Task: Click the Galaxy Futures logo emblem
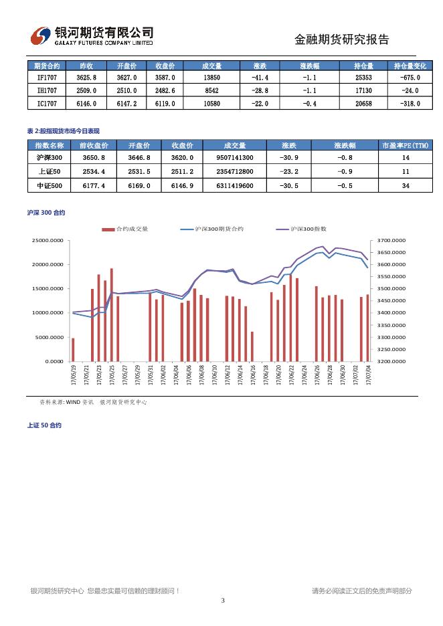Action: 41,36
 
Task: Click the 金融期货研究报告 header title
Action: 341,39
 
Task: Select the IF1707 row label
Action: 47,78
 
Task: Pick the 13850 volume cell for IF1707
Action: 211,78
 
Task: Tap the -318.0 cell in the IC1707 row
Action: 406,104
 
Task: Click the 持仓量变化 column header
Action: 406,66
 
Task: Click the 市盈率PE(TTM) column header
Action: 406,146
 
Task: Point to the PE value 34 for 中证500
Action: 406,185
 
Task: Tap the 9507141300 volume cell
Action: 235,158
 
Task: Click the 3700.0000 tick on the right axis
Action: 391,240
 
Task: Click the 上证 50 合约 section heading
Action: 44,425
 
